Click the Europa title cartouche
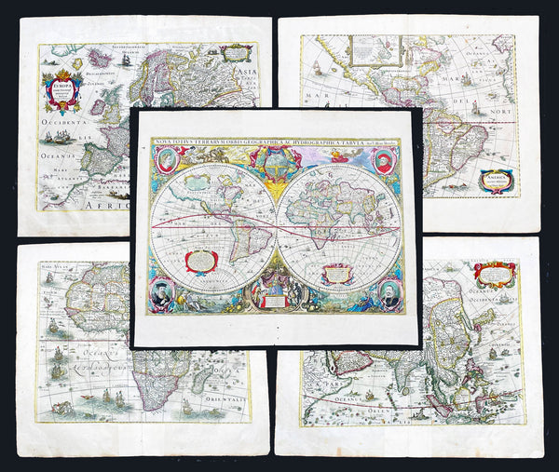click(x=62, y=90)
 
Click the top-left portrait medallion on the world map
click(x=166, y=159)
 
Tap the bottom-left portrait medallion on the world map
click(x=164, y=292)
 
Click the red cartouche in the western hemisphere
click(x=201, y=262)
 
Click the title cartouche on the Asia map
click(x=494, y=274)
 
